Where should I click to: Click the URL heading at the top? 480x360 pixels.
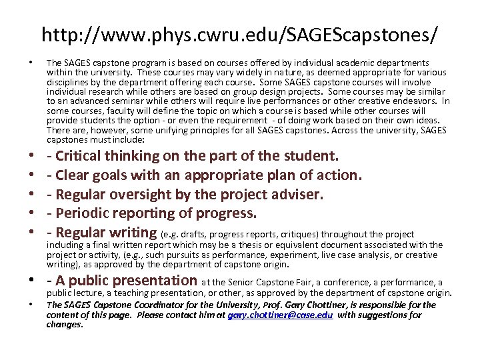(x=240, y=34)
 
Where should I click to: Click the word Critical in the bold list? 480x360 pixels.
(x=83, y=156)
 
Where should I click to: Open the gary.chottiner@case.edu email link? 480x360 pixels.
(x=281, y=315)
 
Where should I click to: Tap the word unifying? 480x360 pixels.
(x=191, y=130)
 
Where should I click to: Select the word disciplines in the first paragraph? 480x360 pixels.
(x=68, y=81)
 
